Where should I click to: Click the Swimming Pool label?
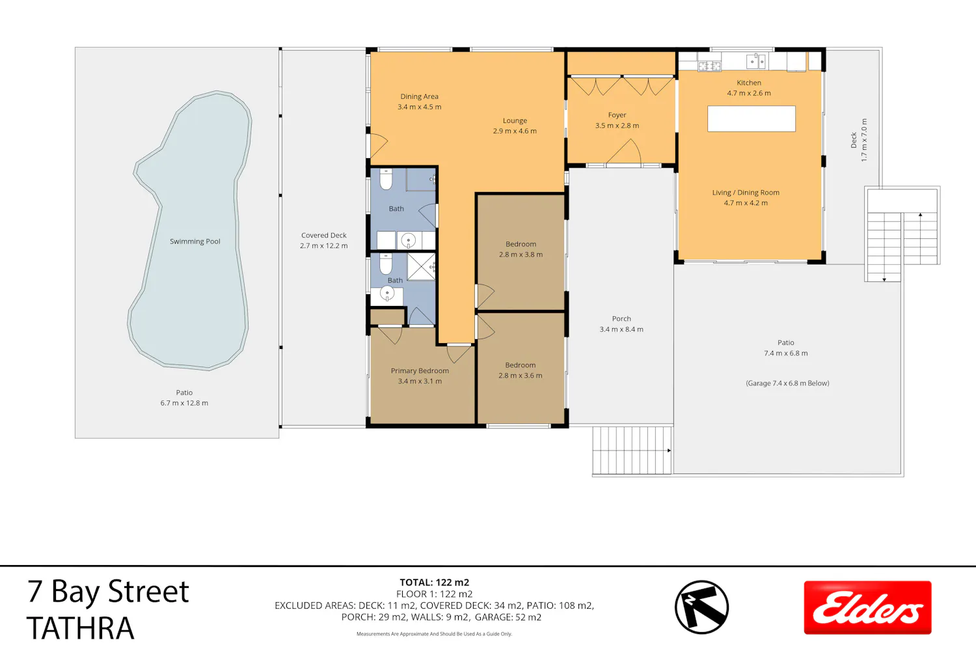[195, 242]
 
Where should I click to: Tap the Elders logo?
[867, 607]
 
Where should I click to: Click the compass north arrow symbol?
[701, 607]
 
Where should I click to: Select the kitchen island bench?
[751, 118]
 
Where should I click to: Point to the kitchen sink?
[756, 61]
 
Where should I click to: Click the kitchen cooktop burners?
[709, 66]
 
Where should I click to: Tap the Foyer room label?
[617, 115]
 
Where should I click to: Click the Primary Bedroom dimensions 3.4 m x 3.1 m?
[420, 381]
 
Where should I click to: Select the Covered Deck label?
[324, 236]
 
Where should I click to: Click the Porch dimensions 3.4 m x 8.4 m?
[621, 329]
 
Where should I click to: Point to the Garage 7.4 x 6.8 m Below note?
[787, 383]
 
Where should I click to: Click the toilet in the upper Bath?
[386, 179]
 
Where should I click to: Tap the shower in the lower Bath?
[421, 267]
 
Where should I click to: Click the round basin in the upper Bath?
[408, 240]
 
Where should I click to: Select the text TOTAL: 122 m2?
[435, 583]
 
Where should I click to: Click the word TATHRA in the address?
[80, 628]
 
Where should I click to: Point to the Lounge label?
[515, 121]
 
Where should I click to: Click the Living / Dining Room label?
[746, 193]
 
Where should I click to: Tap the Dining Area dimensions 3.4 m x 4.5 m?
[419, 107]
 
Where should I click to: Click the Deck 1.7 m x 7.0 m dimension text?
[865, 141]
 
